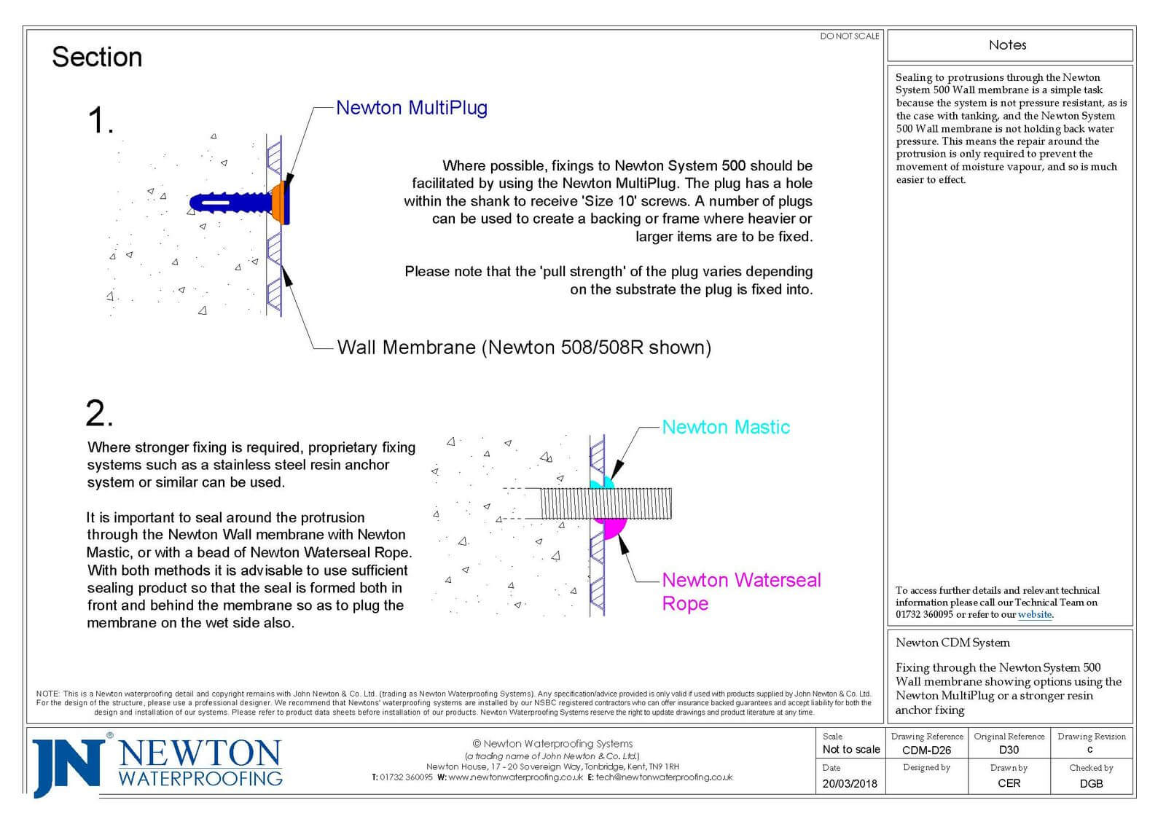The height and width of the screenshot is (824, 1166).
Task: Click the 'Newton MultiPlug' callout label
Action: click(x=411, y=108)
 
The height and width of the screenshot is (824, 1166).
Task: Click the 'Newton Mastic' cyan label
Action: click(x=725, y=427)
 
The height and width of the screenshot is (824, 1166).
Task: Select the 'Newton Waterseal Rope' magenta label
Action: click(x=740, y=591)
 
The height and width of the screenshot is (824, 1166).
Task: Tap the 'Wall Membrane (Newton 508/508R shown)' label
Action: click(x=524, y=348)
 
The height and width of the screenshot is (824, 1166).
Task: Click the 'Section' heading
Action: click(x=97, y=57)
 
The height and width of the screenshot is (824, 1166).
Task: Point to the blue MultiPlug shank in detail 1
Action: click(x=230, y=202)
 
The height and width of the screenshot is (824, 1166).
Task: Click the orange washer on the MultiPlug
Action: click(x=278, y=204)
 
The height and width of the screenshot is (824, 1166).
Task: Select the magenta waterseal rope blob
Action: click(x=613, y=526)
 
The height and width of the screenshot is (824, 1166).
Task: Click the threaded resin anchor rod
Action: click(x=605, y=503)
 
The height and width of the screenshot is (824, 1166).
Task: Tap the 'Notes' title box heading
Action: click(x=1008, y=45)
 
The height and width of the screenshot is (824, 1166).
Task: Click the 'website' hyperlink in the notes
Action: click(x=1034, y=614)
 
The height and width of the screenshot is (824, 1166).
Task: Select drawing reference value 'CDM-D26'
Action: click(x=926, y=750)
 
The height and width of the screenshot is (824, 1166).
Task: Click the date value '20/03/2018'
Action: click(x=850, y=784)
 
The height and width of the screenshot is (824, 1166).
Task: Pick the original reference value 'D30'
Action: click(x=1009, y=750)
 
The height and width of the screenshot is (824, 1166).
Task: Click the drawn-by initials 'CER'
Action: click(x=1009, y=784)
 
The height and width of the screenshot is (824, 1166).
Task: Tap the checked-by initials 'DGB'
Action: click(x=1091, y=784)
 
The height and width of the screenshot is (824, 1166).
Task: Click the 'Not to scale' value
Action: click(x=850, y=750)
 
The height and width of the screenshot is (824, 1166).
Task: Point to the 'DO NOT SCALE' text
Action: click(x=849, y=36)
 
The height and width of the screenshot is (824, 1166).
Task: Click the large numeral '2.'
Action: click(x=99, y=414)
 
